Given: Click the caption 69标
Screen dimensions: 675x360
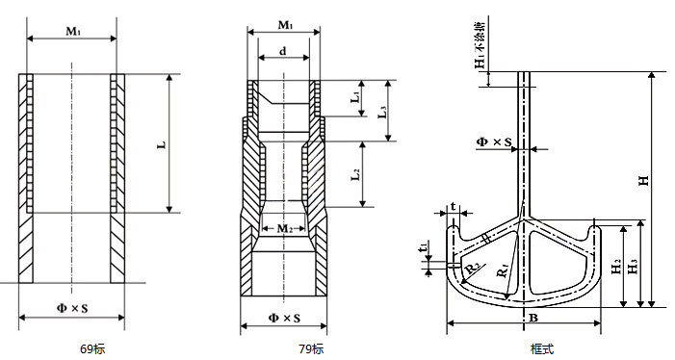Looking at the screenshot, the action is pos(92,348).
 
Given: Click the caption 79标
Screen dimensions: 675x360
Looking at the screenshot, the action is pos(311,348).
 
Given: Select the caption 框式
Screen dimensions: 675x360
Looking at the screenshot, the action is pos(542,348).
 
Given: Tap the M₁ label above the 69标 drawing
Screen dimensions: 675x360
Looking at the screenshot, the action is pos(73,31).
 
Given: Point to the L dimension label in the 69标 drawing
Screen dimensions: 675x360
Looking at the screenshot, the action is pos(162,145).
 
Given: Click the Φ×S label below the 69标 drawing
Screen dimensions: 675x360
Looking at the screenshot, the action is pos(72,308).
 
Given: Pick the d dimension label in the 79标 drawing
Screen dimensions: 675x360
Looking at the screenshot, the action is pos(283,51).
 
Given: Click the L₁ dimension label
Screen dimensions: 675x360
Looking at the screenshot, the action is pos(355,97).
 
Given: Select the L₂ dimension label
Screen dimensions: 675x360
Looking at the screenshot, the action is pos(356,174).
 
